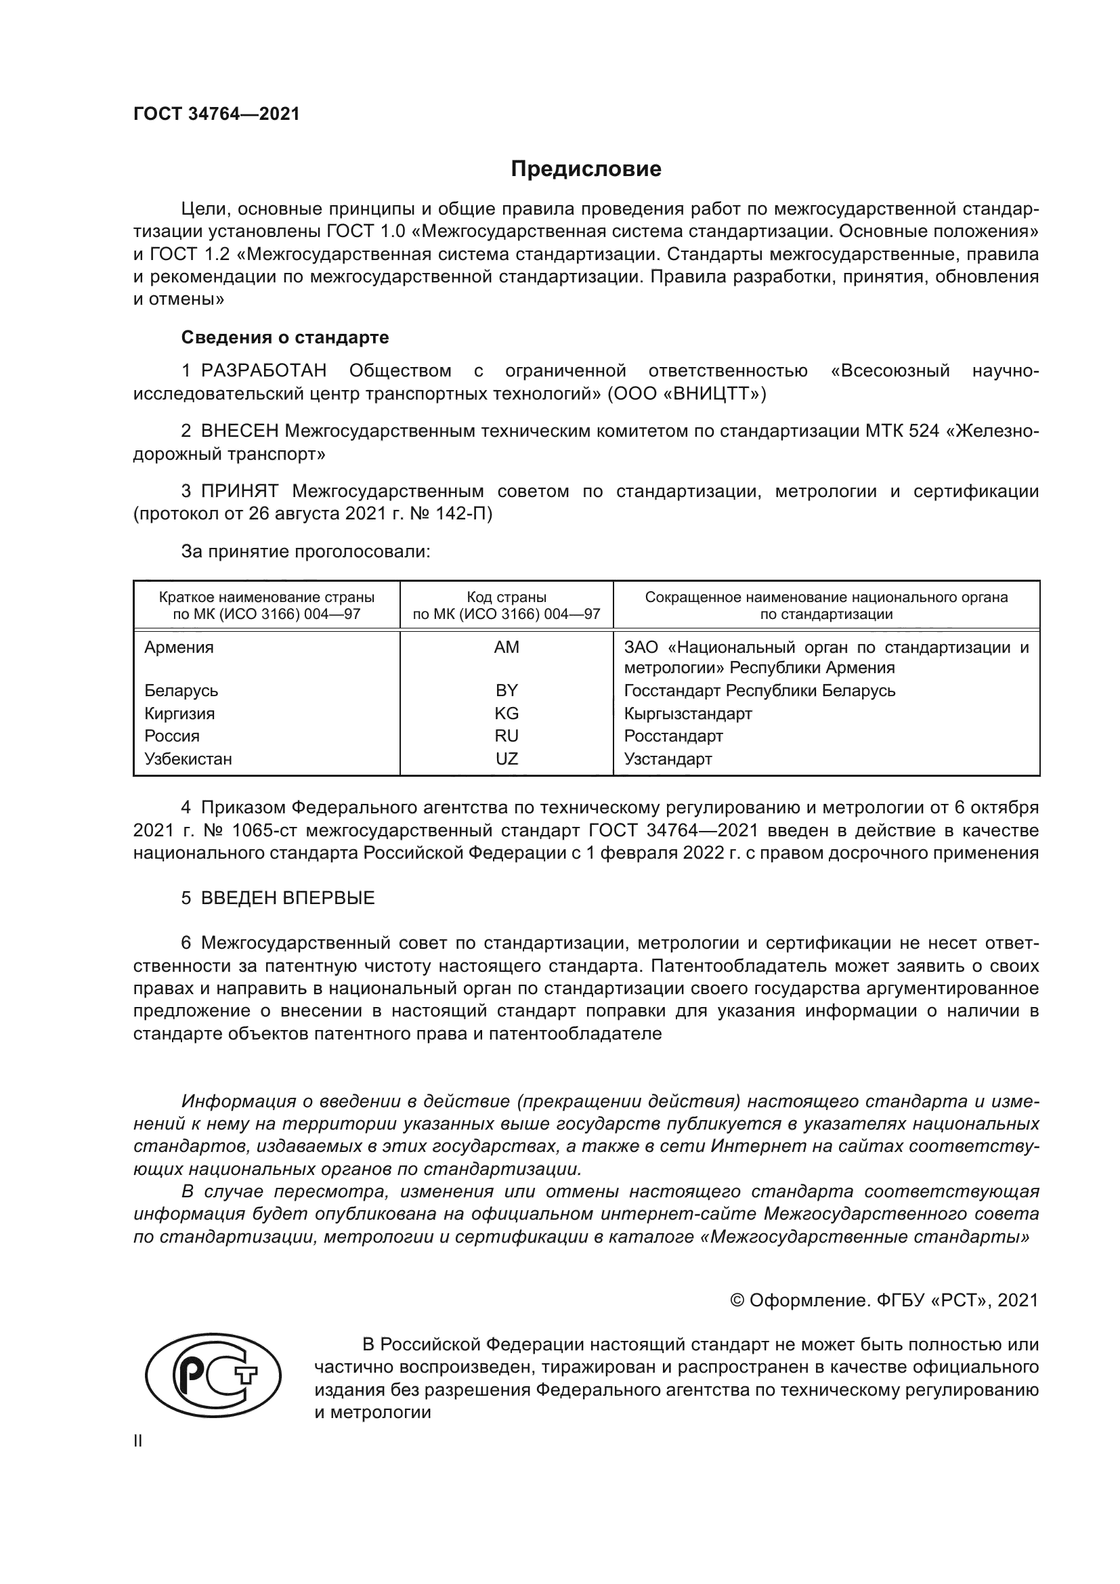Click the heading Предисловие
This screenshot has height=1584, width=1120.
click(586, 169)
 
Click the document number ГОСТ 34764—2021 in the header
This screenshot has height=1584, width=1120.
click(217, 114)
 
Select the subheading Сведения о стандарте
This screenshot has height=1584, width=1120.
click(285, 337)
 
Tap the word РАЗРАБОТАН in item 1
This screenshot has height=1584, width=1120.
click(263, 371)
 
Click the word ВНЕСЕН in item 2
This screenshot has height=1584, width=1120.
click(239, 431)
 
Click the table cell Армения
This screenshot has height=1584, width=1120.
click(179, 647)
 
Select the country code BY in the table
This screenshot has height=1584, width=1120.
click(507, 691)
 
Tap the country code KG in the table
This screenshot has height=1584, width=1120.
click(507, 713)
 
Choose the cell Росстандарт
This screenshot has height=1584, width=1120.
click(673, 736)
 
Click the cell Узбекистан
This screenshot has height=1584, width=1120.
click(188, 759)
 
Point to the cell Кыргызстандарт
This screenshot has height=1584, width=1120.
click(687, 713)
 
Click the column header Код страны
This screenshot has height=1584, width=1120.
click(507, 597)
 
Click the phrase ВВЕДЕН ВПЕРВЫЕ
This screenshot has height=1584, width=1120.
click(288, 898)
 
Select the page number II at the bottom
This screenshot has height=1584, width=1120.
click(138, 1441)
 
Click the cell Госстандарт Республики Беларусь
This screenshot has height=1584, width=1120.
click(759, 691)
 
